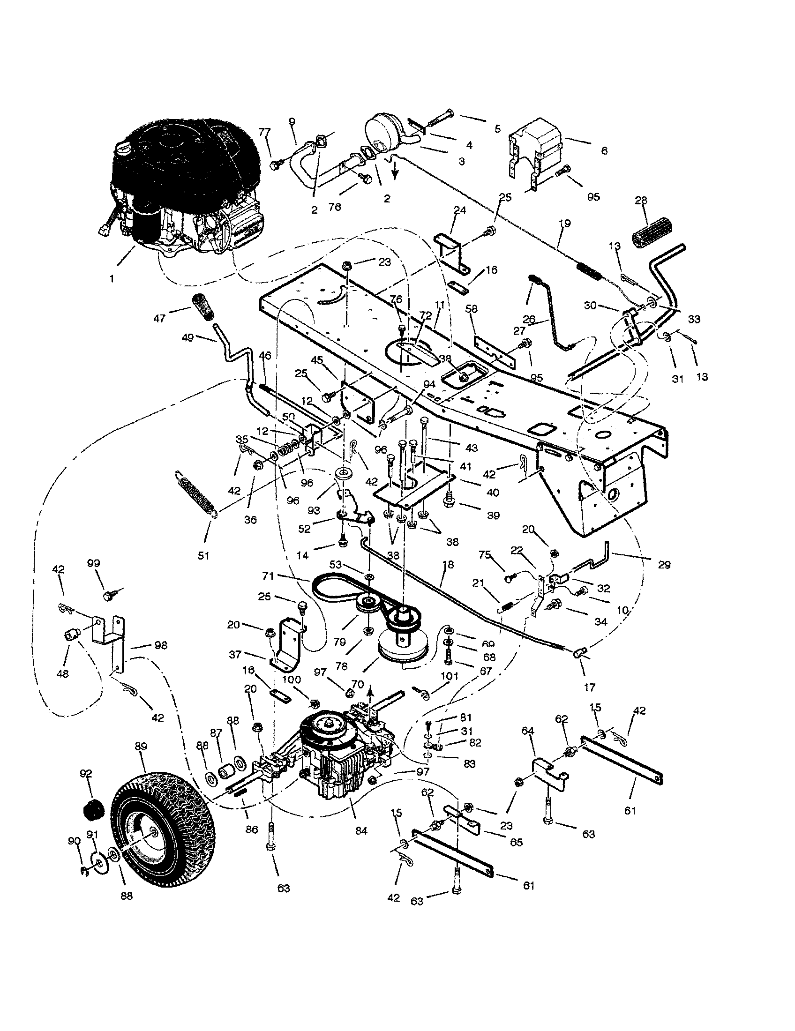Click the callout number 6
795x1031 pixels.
604,150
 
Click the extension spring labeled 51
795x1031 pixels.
196,493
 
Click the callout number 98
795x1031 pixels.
160,645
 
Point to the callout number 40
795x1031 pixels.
492,493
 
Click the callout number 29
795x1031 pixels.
664,565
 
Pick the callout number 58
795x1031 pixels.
472,309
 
